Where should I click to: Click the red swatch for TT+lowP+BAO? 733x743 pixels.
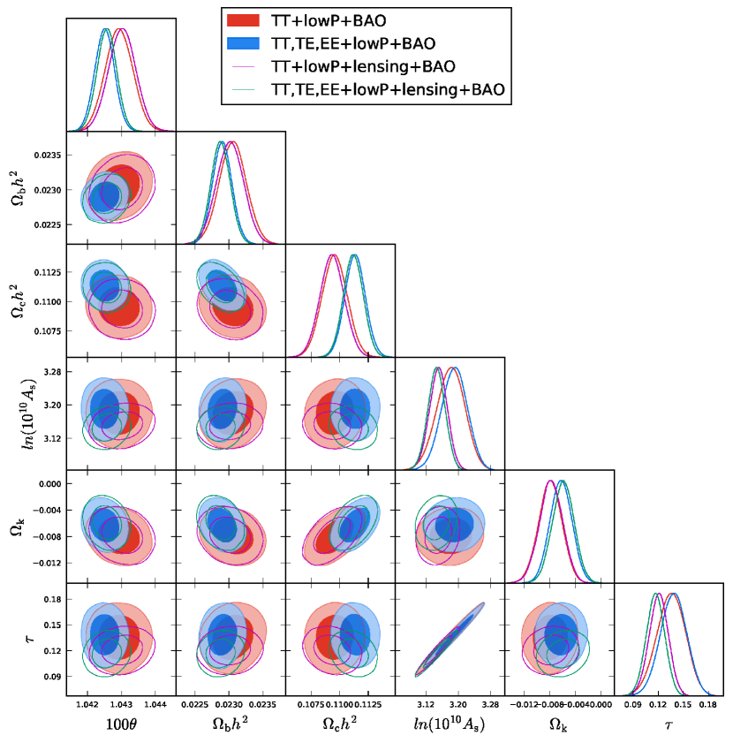click(245, 20)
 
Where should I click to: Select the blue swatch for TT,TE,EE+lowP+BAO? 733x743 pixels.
click(245, 42)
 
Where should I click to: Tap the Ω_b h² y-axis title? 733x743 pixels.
click(19, 189)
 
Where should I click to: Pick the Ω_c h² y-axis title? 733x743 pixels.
click(19, 299)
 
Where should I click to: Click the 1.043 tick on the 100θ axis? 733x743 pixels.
click(121, 705)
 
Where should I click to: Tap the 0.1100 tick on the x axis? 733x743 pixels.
click(340, 705)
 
